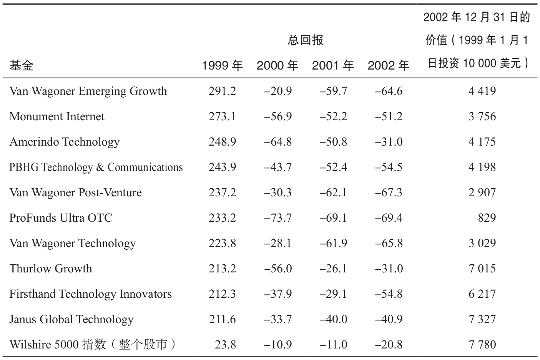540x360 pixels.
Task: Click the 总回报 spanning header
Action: pos(306,40)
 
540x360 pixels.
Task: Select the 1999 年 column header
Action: pos(222,66)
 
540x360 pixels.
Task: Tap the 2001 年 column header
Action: pos(333,66)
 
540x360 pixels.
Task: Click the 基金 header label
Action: pos(21,66)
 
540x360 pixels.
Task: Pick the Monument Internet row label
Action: pos(57,116)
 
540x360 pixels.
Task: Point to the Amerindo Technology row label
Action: pos(64,142)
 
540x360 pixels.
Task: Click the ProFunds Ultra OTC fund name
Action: pos(61,218)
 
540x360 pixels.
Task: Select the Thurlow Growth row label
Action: pos(51,269)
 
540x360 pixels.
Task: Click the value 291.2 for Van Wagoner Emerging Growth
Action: pos(222,91)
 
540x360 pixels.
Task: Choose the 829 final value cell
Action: pos(487,218)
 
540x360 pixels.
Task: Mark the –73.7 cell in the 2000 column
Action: pos(278,218)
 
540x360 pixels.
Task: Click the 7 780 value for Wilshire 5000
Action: pos(482,345)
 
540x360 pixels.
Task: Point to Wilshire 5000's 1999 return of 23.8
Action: pos(225,345)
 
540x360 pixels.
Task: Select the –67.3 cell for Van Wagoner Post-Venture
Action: pos(389,192)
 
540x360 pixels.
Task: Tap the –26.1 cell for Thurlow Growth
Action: pos(333,269)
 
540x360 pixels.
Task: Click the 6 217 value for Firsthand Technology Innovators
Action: pos(482,294)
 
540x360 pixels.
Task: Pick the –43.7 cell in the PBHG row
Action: pos(278,167)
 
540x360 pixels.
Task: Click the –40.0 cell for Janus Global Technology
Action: pos(333,319)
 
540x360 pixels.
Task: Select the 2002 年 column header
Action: pos(388,66)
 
